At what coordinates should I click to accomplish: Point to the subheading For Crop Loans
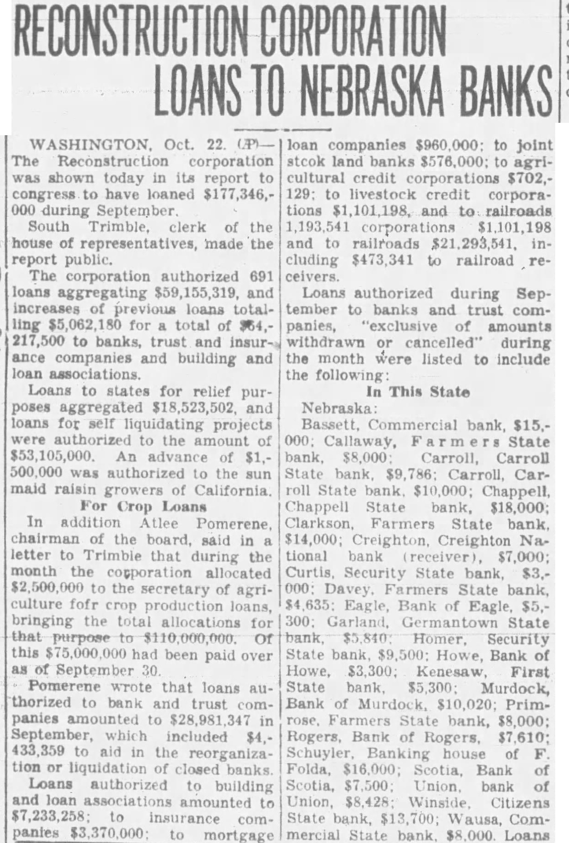(143, 506)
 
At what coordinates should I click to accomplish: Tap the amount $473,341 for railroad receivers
(382, 261)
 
